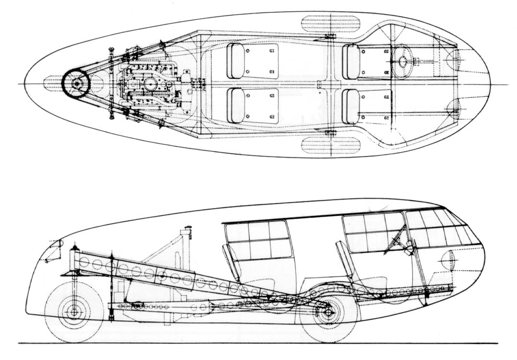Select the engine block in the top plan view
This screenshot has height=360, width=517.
149,84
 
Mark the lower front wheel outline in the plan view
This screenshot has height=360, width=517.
331,145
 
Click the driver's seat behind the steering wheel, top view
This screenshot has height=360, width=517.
351,61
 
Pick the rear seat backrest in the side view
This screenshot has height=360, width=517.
231,261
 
